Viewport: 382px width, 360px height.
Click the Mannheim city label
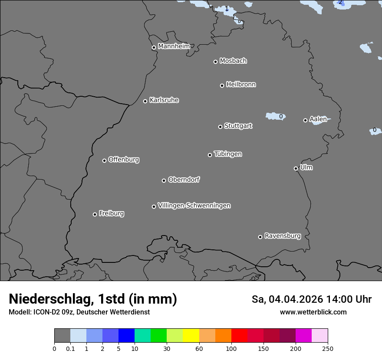(x=174, y=46)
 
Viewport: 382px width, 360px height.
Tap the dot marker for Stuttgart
(x=220, y=127)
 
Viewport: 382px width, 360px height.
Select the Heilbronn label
(x=241, y=84)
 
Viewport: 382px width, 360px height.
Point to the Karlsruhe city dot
(x=145, y=101)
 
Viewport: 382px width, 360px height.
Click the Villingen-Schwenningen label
(x=194, y=205)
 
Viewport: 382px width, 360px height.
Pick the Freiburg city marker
(x=95, y=214)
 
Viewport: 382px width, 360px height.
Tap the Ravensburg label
(x=282, y=236)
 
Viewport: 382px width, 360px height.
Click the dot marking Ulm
(x=296, y=168)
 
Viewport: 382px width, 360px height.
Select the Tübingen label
(x=228, y=154)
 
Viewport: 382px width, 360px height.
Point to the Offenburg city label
(x=124, y=159)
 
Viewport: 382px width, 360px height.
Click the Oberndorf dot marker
(x=164, y=180)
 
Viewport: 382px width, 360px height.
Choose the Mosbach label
(x=233, y=61)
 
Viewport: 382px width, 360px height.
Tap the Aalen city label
(x=318, y=119)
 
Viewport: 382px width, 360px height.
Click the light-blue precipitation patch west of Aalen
(x=273, y=116)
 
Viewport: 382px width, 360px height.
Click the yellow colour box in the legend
(x=191, y=336)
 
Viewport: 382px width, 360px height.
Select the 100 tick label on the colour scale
(x=231, y=349)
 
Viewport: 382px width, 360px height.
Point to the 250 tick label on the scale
(x=328, y=349)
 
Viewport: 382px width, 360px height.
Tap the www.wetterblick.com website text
(x=313, y=312)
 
